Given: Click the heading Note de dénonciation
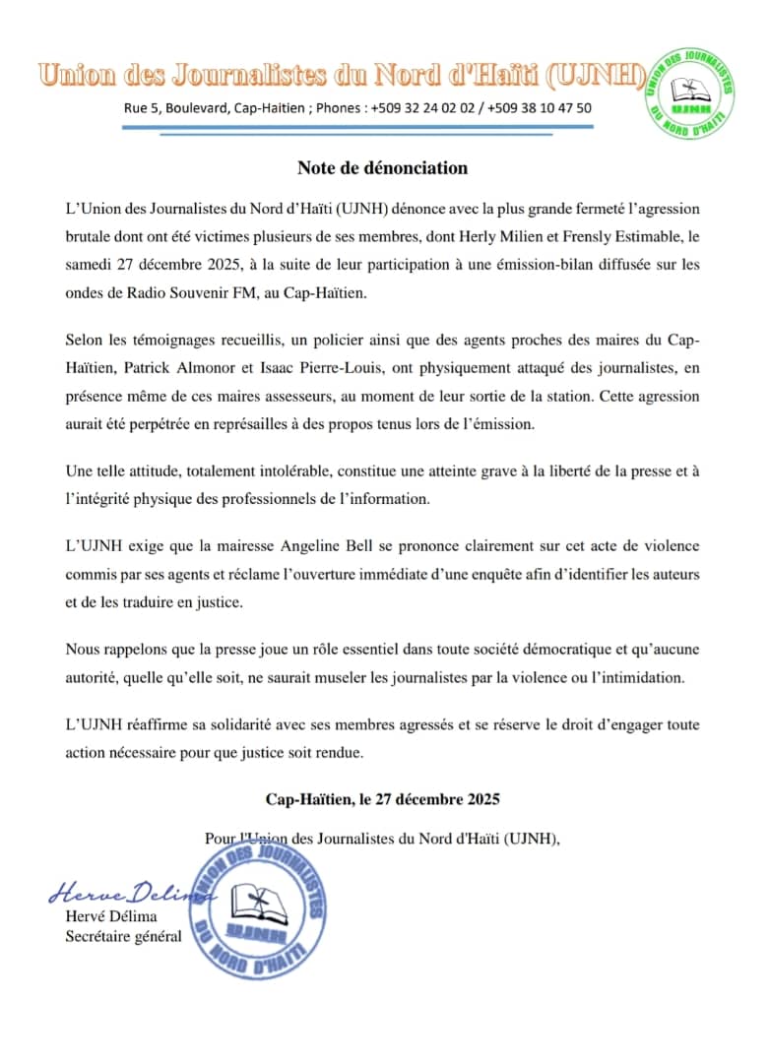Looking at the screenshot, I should coord(382,167).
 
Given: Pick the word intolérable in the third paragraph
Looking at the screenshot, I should coord(288,471).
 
